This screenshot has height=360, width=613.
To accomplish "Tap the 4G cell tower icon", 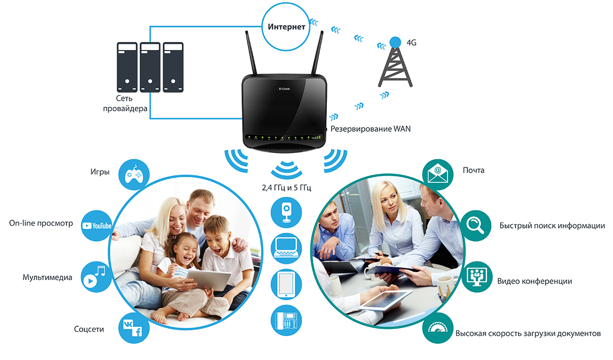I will [394, 63].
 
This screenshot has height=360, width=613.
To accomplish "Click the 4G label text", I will [411, 43].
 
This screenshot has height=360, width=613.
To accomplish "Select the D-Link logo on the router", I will [285, 89].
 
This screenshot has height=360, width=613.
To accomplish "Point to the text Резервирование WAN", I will [370, 129].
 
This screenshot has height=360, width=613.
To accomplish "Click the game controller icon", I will [134, 175].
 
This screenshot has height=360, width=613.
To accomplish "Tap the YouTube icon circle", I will [97, 225].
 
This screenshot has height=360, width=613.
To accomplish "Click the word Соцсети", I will [89, 329].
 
